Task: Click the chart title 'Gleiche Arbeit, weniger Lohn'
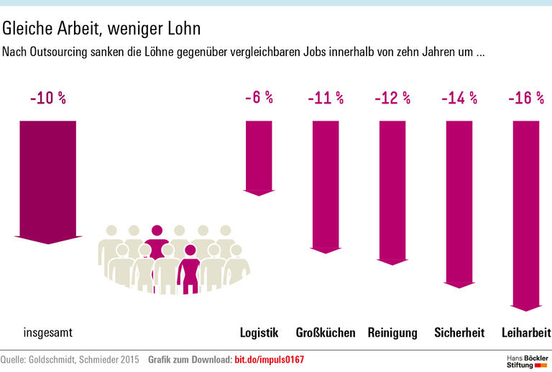coord(101,29)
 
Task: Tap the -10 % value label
coord(48,98)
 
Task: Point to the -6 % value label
coord(259,97)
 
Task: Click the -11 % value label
coord(326,98)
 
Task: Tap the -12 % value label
coord(392,98)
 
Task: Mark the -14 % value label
coord(459,98)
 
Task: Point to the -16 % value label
coord(526,98)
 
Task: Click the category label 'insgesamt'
coord(48,333)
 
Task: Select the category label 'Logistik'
coord(259,333)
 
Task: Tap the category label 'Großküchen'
coord(326,333)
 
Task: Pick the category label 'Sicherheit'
coord(459,333)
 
